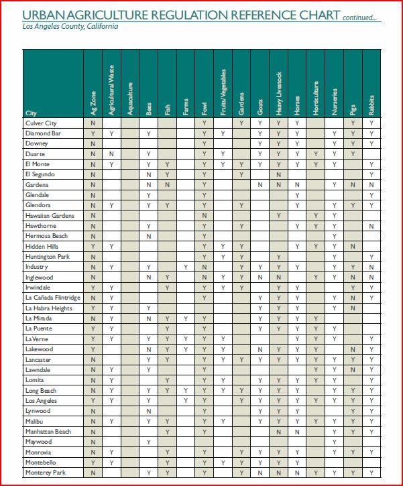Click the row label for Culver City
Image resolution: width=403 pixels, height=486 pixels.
[41, 123]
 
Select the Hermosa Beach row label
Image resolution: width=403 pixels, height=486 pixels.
[46, 236]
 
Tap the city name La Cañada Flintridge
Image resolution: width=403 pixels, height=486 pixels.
[52, 298]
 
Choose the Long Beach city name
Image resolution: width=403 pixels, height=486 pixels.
[42, 390]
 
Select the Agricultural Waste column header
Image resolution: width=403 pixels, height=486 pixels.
[111, 90]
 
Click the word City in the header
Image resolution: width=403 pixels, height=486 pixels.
[31, 113]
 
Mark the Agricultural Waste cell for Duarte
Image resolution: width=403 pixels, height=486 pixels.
[111, 154]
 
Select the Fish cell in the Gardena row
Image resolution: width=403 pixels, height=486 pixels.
[167, 184]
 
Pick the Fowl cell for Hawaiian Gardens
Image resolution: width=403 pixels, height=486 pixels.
[204, 216]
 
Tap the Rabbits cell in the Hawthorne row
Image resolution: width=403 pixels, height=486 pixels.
[371, 226]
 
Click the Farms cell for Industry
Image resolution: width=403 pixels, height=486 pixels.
[186, 267]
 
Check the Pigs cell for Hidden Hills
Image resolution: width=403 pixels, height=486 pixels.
[352, 247]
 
